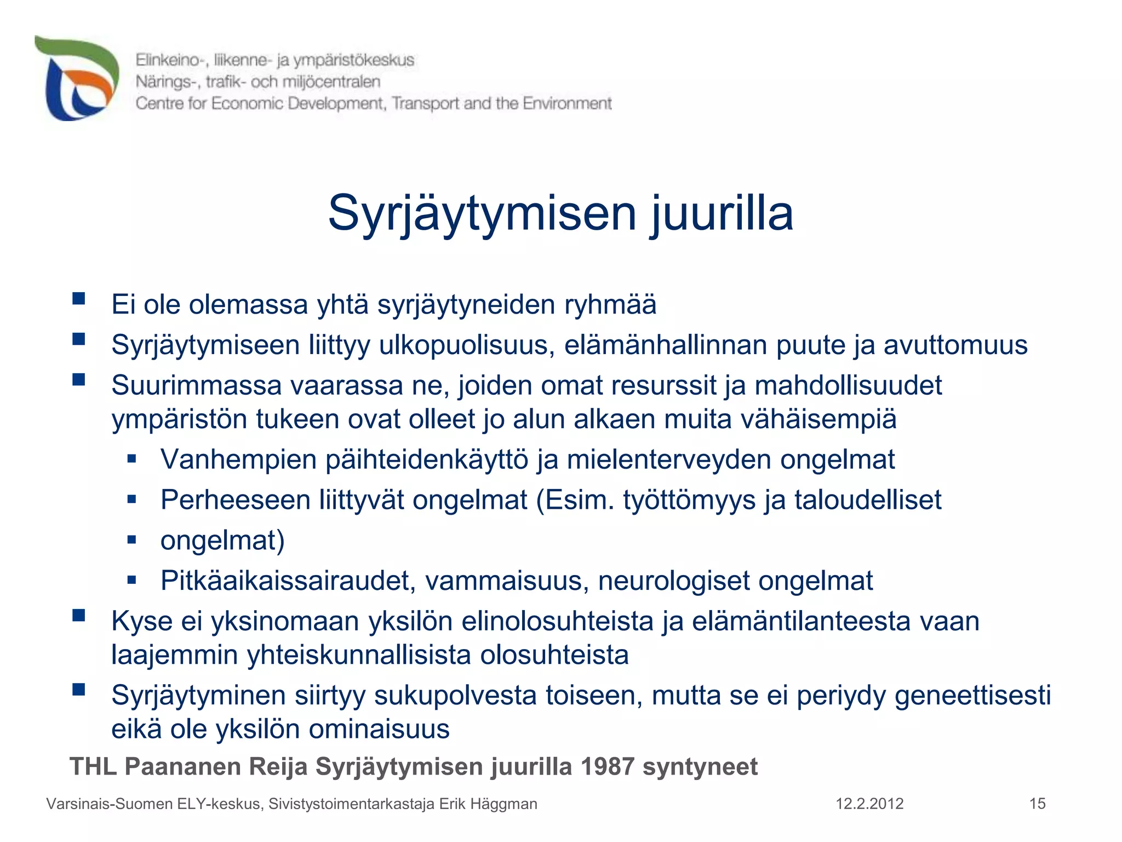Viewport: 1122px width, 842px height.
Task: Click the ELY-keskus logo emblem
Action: (x=77, y=78)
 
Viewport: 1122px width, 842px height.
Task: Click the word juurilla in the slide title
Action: (x=722, y=214)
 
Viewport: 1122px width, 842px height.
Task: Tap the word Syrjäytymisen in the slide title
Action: (x=482, y=214)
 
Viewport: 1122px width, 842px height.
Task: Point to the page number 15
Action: (x=1037, y=804)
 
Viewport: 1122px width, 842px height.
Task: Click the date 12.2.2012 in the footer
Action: (x=869, y=804)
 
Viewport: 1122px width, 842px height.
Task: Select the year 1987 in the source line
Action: (x=607, y=766)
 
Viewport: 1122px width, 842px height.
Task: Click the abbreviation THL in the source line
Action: (x=94, y=766)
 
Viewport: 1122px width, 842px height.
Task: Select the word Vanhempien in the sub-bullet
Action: (x=238, y=459)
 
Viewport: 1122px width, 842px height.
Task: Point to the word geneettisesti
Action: (x=973, y=696)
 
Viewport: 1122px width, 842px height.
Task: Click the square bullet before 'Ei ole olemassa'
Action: (x=79, y=299)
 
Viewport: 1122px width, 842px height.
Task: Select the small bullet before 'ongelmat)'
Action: (x=131, y=539)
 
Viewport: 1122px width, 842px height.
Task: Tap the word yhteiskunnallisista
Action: (x=359, y=655)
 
